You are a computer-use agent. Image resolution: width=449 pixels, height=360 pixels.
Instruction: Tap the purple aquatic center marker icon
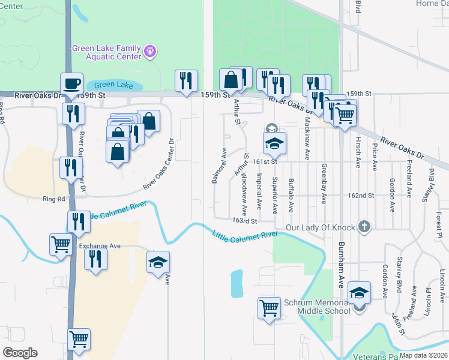[151, 52]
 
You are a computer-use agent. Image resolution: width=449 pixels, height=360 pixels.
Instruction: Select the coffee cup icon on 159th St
[71, 83]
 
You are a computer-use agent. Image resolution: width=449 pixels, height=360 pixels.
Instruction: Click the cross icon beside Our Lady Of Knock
[363, 227]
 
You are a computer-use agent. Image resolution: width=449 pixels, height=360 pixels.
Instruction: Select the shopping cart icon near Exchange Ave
[61, 244]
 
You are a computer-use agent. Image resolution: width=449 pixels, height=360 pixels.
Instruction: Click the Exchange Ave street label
[100, 246]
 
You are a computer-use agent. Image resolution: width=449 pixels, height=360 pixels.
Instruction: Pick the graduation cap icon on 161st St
[274, 143]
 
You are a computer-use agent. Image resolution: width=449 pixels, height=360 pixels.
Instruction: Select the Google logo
[20, 353]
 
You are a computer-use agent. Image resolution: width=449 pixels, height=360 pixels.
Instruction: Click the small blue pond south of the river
[237, 283]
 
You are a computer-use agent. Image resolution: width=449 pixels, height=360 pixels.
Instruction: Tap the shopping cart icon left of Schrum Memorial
[270, 307]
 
